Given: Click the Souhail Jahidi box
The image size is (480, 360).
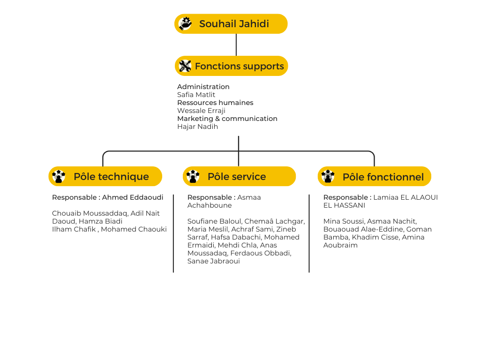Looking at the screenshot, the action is point(231,23).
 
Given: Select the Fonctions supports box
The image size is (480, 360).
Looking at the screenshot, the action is point(231,66).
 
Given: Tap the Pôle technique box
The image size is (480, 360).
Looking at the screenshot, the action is point(105,176).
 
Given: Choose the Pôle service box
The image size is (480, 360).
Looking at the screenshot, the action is point(239,176).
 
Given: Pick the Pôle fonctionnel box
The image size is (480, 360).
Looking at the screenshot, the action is point(374,176).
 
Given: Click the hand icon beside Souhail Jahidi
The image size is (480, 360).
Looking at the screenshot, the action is point(185,23).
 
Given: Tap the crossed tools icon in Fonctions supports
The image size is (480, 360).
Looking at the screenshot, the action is point(185,66).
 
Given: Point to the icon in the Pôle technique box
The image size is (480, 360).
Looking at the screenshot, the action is point(59,176).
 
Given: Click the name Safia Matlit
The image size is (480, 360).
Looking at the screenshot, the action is point(196,95).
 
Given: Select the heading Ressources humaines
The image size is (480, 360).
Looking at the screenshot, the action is point(215,103).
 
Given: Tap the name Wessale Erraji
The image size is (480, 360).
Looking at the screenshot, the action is point(201,111).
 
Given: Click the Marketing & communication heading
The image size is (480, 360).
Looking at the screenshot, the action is point(227,119).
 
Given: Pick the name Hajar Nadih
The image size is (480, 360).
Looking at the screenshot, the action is point(197,127).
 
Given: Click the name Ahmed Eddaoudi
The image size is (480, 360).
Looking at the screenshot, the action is point(133,197).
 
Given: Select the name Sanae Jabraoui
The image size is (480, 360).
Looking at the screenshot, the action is point(213,261).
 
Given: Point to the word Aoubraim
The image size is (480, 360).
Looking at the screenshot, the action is point(340,245).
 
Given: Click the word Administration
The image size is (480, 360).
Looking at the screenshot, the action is point(203,87).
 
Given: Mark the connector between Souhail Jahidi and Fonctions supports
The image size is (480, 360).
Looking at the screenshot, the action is point(236,45).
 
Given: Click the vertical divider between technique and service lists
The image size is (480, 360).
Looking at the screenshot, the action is point(173,233).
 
